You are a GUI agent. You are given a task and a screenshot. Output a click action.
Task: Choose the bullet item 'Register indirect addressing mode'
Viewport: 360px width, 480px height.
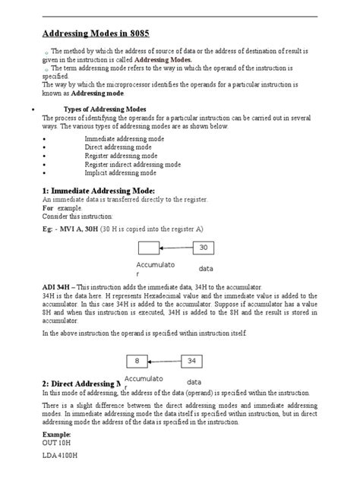click(x=132, y=164)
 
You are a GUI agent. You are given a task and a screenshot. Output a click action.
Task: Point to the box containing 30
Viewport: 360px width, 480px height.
click(x=204, y=248)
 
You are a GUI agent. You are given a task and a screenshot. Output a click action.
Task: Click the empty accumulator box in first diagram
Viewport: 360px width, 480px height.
click(x=149, y=248)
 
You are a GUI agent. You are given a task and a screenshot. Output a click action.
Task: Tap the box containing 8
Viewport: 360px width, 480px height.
click(x=137, y=361)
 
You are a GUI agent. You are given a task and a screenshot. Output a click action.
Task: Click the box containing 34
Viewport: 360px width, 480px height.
click(x=191, y=361)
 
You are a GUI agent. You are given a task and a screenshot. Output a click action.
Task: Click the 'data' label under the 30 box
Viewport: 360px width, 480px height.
click(x=206, y=269)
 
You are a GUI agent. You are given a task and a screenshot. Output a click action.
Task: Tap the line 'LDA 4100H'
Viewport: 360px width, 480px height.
click(x=62, y=457)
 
